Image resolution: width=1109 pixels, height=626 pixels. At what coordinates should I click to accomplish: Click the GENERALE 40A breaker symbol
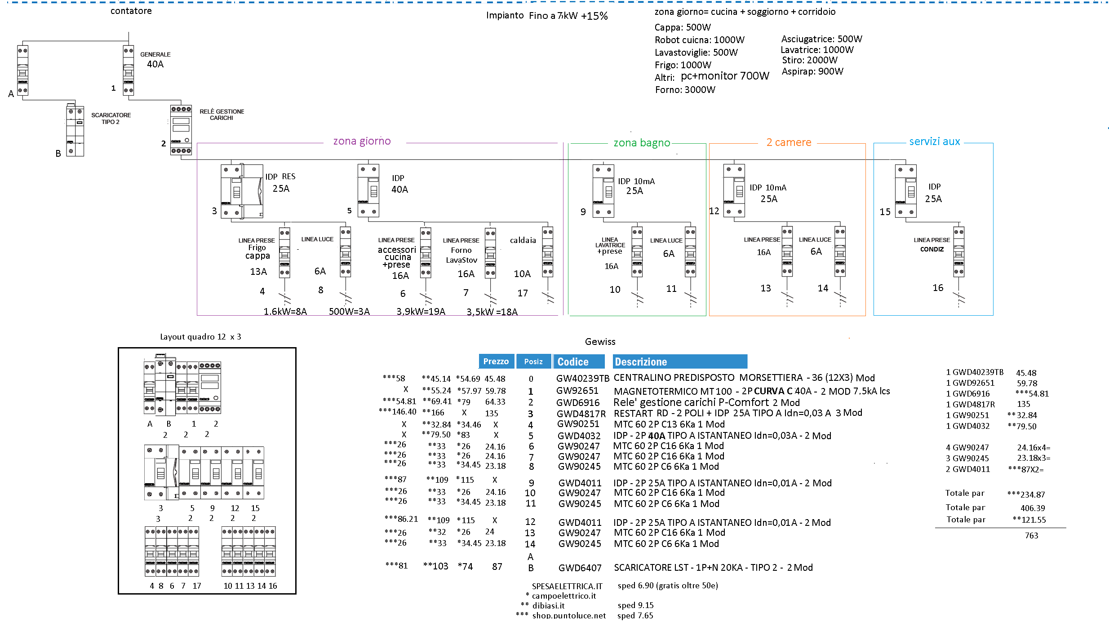129,71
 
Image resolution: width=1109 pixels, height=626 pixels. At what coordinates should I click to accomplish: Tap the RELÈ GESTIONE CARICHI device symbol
181,130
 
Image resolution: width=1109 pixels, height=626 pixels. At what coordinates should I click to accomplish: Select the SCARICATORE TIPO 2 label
111,119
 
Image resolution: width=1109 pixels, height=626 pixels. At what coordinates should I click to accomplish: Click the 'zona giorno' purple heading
362,141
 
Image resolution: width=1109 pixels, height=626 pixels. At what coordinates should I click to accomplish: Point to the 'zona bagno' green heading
642,143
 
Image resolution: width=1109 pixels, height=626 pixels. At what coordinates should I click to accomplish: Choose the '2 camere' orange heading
789,142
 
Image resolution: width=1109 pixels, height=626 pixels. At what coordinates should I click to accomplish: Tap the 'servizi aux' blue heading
934,142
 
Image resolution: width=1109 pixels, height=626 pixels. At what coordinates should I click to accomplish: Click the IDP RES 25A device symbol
242,191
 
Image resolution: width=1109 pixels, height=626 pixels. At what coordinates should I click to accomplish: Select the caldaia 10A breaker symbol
547,252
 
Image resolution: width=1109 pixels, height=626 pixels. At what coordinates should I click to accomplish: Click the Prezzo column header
496,361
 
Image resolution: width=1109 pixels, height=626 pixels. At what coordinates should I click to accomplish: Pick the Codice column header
573,362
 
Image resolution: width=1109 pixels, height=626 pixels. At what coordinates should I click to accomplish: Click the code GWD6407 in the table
580,568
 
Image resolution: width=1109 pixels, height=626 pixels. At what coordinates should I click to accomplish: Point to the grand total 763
1031,536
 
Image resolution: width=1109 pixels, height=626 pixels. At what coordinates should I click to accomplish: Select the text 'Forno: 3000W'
685,90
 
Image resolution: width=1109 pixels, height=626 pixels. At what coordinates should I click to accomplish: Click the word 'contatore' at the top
131,11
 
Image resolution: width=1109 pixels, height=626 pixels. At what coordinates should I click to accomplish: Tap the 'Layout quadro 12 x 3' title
200,337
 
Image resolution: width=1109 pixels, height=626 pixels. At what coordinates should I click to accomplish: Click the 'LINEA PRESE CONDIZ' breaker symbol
958,252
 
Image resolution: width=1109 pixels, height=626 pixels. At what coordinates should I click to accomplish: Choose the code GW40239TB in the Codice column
582,379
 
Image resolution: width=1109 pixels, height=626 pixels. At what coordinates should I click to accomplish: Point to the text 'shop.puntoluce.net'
569,616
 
